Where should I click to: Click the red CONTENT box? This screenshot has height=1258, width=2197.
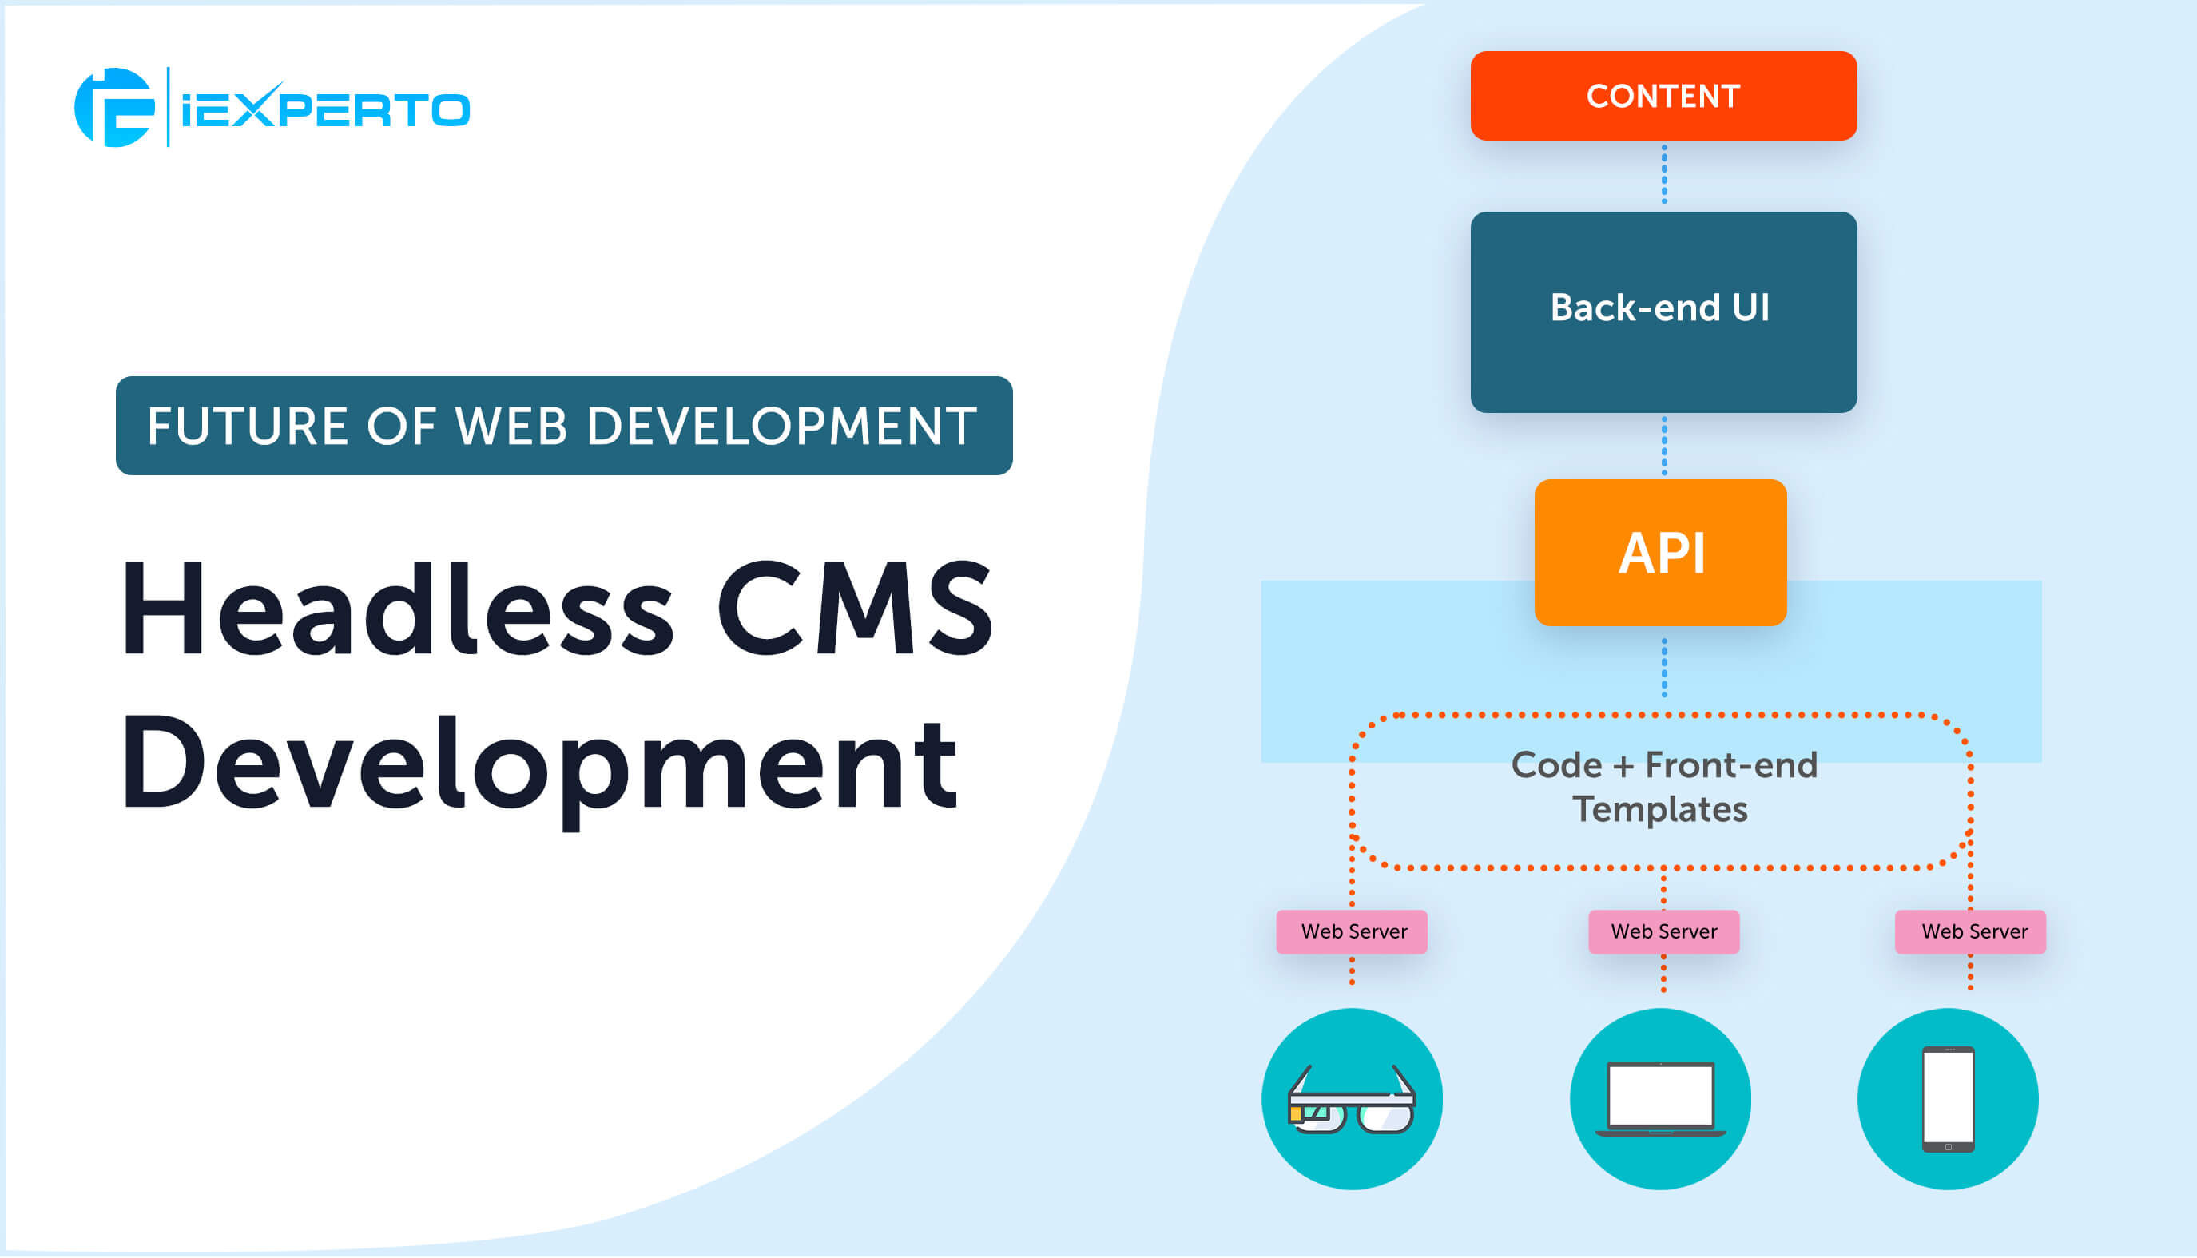[1663, 96]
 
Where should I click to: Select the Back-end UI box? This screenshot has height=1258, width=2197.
[1663, 311]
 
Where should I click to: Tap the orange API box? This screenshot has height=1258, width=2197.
[1659, 553]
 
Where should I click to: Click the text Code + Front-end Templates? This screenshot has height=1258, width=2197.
[1663, 787]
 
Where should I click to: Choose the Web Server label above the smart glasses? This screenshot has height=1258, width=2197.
[1352, 931]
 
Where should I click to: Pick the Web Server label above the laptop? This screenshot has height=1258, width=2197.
[1663, 931]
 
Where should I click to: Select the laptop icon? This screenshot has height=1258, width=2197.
[1659, 1099]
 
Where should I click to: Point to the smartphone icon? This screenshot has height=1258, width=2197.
[1947, 1099]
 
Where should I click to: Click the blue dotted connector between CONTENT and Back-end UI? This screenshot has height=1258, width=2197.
[1664, 176]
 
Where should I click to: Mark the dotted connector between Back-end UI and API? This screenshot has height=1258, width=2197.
[1664, 446]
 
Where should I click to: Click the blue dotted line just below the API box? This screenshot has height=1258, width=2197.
[1664, 667]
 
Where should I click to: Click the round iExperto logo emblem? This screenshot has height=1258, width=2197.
[114, 108]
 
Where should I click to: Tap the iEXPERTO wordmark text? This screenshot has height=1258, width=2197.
[326, 109]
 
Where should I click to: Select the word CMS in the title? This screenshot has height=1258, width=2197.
[856, 609]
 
